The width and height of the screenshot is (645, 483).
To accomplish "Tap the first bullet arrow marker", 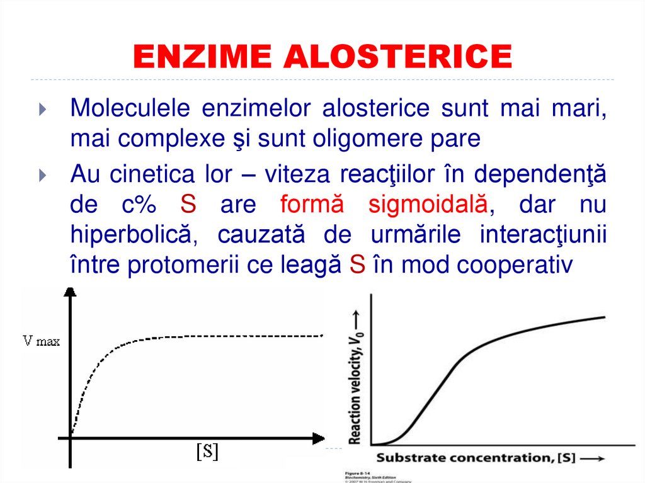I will [x=42, y=110].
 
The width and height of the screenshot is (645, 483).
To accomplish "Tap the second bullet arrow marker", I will [x=42, y=174].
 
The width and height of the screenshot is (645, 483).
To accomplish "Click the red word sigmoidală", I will [x=428, y=205].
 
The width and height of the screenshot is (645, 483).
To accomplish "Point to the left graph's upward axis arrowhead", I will [x=70, y=292].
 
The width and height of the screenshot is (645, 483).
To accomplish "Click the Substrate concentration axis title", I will [x=476, y=458].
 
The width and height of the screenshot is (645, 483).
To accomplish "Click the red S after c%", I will [x=188, y=205].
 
